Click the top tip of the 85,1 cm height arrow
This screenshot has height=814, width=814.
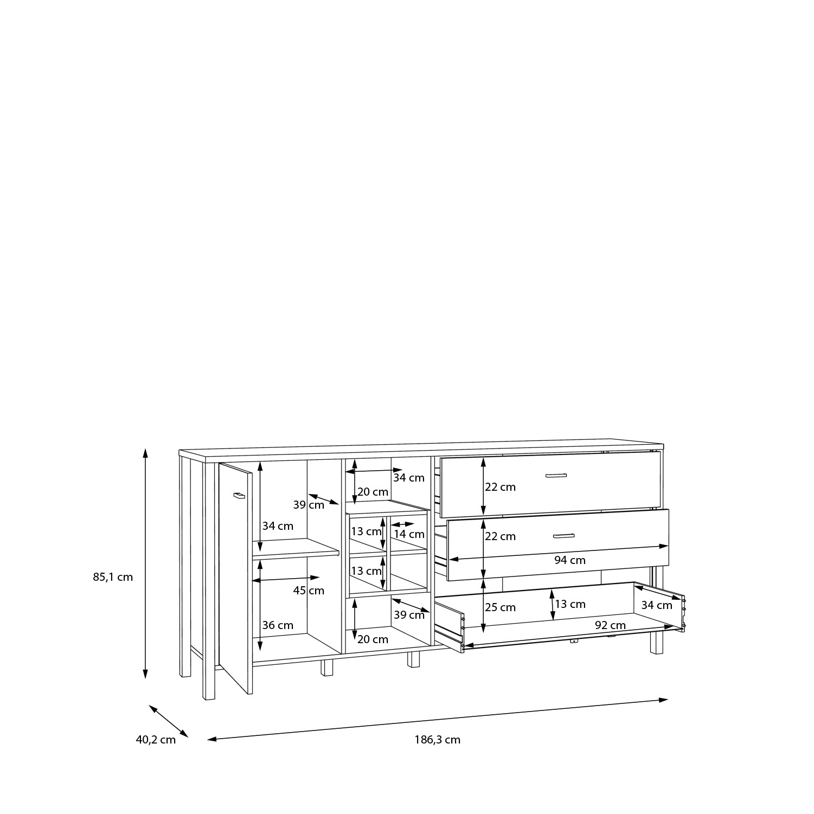tap(145, 448)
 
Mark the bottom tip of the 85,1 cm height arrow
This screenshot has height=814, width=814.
tap(145, 678)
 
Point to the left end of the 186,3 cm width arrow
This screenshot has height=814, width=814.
tap(208, 739)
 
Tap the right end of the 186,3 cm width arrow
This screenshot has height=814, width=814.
tap(668, 700)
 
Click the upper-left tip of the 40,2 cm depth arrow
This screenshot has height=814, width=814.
tap(149, 706)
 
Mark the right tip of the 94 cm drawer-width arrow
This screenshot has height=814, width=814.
tap(668, 546)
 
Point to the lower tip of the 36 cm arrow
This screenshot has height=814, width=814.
tap(260, 651)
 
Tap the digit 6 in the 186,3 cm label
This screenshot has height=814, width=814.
tap(433, 740)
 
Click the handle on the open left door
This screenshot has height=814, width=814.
tap(239, 495)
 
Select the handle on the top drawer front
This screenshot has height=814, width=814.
tap(556, 476)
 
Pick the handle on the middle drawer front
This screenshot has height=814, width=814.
tap(563, 536)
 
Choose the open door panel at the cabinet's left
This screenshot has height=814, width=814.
tap(235, 579)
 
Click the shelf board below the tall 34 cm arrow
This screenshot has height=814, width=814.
tap(296, 548)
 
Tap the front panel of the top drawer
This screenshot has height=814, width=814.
tap(550, 484)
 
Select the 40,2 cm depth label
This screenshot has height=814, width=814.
tap(156, 740)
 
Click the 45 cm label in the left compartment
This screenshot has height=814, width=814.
tap(309, 591)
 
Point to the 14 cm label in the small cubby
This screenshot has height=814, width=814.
tap(409, 534)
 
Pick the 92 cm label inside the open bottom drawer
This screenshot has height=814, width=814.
tap(610, 625)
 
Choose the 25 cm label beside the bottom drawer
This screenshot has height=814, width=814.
tap(500, 607)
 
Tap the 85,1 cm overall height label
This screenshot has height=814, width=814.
tap(113, 577)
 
